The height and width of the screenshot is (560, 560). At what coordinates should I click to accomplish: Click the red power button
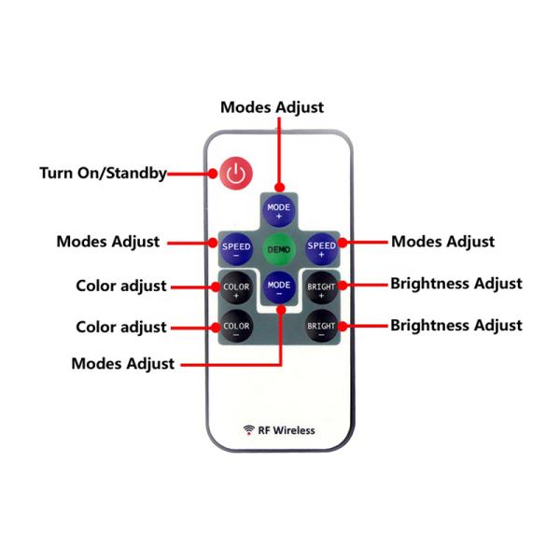(x=237, y=174)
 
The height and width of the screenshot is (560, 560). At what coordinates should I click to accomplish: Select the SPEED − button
(x=236, y=249)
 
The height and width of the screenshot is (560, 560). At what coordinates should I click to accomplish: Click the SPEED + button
(x=321, y=249)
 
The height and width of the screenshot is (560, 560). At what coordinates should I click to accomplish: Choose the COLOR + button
(x=236, y=287)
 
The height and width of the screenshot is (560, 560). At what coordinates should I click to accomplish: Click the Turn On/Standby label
(x=103, y=173)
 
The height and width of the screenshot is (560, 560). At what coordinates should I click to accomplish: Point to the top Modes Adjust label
(x=272, y=106)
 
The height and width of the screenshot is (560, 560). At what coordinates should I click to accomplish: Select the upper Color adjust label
(x=121, y=286)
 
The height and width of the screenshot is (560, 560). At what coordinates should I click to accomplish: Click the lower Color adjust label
(x=121, y=328)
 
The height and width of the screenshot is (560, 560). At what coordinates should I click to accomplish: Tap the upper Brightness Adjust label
(x=455, y=284)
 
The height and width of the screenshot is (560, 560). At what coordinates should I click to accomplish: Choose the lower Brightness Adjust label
(x=455, y=326)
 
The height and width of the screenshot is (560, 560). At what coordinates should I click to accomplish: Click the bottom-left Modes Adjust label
(x=122, y=364)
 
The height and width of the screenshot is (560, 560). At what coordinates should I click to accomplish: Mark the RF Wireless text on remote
(x=287, y=430)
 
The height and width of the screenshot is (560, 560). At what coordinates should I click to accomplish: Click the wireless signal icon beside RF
(x=249, y=430)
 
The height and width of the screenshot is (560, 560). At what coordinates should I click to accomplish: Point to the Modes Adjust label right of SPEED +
(x=442, y=242)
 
